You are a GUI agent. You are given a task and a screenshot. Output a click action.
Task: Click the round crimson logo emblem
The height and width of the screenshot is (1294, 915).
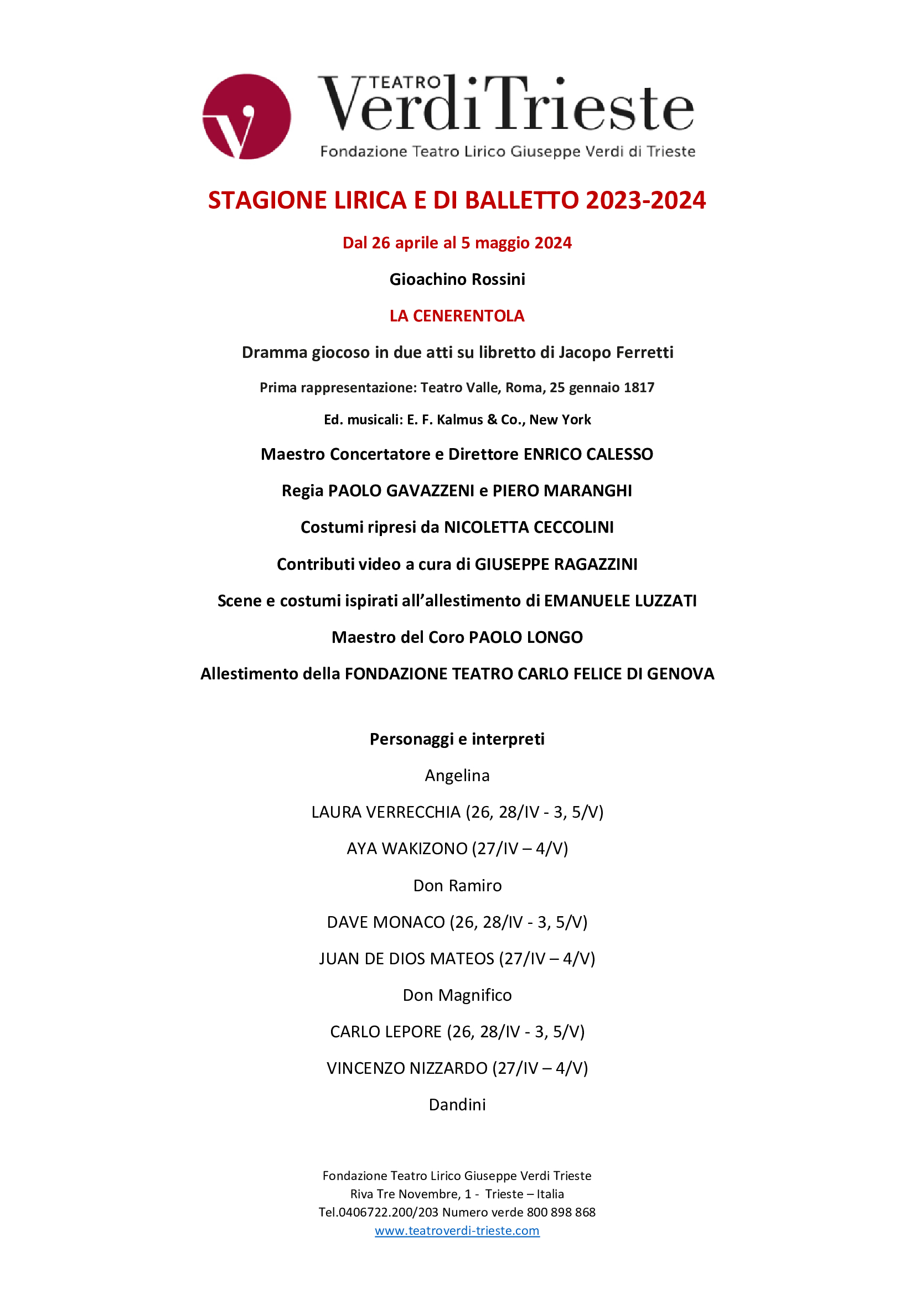[x=246, y=116]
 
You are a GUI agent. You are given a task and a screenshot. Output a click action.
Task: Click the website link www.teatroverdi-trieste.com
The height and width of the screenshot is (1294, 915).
[x=457, y=1230]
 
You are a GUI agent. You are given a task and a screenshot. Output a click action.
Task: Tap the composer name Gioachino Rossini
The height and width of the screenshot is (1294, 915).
[x=457, y=279]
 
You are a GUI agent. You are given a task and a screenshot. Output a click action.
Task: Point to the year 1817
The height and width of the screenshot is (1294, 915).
[x=639, y=387]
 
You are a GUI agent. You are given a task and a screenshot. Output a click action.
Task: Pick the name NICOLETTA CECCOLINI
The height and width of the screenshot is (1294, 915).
[x=528, y=527]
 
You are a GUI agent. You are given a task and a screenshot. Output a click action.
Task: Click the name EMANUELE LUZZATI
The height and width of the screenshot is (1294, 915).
[x=620, y=600]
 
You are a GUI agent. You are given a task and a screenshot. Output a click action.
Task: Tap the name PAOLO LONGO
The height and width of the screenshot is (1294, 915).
[x=525, y=637]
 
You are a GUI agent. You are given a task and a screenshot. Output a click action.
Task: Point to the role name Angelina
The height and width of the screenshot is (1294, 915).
[x=457, y=776]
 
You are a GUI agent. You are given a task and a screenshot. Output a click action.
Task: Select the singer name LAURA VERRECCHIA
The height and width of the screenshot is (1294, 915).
[x=386, y=812]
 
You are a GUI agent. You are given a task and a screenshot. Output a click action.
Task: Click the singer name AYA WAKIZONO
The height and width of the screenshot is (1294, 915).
[x=407, y=848]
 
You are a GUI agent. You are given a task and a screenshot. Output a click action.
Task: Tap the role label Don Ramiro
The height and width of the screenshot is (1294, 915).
[x=457, y=885]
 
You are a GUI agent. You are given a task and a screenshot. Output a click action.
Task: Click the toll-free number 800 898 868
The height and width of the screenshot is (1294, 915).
[x=560, y=1212]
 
